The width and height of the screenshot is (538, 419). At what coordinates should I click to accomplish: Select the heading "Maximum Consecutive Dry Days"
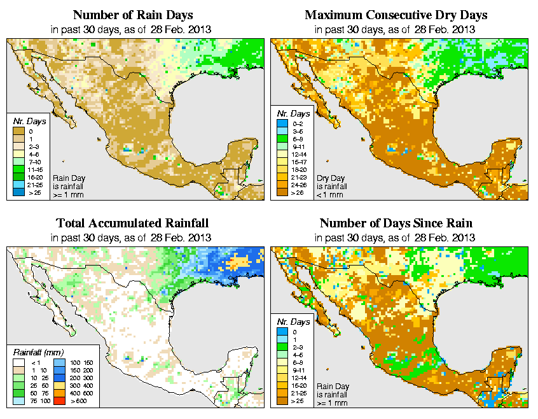click(x=396, y=15)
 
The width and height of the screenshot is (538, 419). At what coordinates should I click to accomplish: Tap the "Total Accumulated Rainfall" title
click(x=132, y=224)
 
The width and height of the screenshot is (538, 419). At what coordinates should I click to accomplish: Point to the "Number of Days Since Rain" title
click(x=396, y=224)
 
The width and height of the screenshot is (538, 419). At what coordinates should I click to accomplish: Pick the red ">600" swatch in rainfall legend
click(x=58, y=402)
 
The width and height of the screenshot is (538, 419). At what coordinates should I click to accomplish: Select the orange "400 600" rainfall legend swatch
click(x=58, y=394)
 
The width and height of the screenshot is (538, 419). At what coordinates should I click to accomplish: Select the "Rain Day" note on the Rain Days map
click(x=68, y=178)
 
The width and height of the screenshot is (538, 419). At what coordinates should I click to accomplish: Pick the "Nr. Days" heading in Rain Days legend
click(x=26, y=121)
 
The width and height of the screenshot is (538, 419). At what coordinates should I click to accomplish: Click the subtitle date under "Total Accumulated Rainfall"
click(x=132, y=238)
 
